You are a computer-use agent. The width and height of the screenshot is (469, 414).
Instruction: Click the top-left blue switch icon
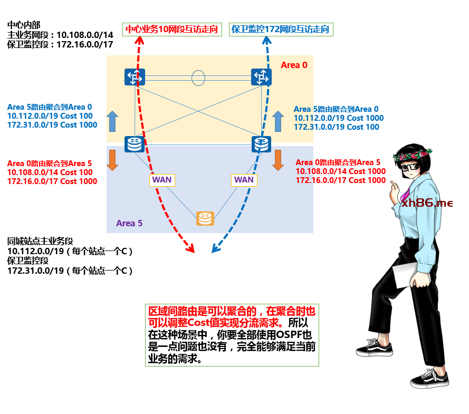coord(135,77)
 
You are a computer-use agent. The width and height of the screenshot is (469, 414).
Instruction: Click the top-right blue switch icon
coord(261,77)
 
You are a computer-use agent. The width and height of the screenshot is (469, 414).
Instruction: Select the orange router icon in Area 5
coord(205,218)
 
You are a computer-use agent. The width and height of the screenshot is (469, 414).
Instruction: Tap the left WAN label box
coord(162,179)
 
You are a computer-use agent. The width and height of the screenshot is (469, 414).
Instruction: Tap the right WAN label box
coord(244,179)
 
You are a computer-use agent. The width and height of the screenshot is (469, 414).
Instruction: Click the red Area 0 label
coord(294,65)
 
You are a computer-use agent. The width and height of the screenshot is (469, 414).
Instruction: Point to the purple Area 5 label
coord(129,223)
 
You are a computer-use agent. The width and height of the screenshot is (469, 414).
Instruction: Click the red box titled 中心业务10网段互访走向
coord(172,30)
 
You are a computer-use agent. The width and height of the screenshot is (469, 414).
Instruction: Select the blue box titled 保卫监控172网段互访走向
coord(281,30)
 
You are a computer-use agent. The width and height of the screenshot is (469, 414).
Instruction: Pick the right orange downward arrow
coord(278,160)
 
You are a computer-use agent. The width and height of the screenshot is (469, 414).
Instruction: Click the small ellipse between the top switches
coord(198,78)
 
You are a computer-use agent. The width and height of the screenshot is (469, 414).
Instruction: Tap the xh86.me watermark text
coord(427,203)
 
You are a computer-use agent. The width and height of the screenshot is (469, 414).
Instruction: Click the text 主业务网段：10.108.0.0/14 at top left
coord(60,35)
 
